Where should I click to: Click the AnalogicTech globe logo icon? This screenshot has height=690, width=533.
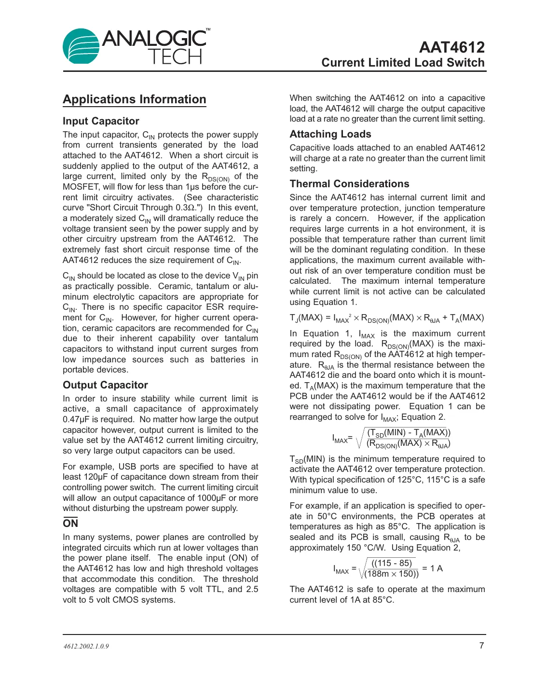tap(81, 46)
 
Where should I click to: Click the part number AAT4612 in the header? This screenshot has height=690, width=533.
tap(451, 47)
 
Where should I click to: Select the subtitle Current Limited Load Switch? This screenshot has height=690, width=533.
tap(403, 63)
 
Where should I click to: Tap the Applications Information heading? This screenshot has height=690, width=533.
tap(135, 99)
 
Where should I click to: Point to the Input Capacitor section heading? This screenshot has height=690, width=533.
tap(101, 121)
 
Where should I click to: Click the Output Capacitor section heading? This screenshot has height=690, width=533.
tap(105, 385)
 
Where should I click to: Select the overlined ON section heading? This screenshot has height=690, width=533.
tap(70, 524)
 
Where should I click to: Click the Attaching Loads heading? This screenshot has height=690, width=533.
tap(330, 134)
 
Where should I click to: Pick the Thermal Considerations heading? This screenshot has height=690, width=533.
tap(349, 184)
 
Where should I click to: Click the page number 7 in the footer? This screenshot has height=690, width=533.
tap(481, 646)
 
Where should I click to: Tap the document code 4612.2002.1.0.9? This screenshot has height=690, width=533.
tap(86, 647)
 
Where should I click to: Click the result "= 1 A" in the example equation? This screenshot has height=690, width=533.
tap(432, 568)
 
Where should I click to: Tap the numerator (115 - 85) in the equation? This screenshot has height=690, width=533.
tap(392, 563)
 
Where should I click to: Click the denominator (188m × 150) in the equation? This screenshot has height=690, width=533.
tap(392, 574)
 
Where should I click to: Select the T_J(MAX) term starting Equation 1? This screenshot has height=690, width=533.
tap(306, 318)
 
